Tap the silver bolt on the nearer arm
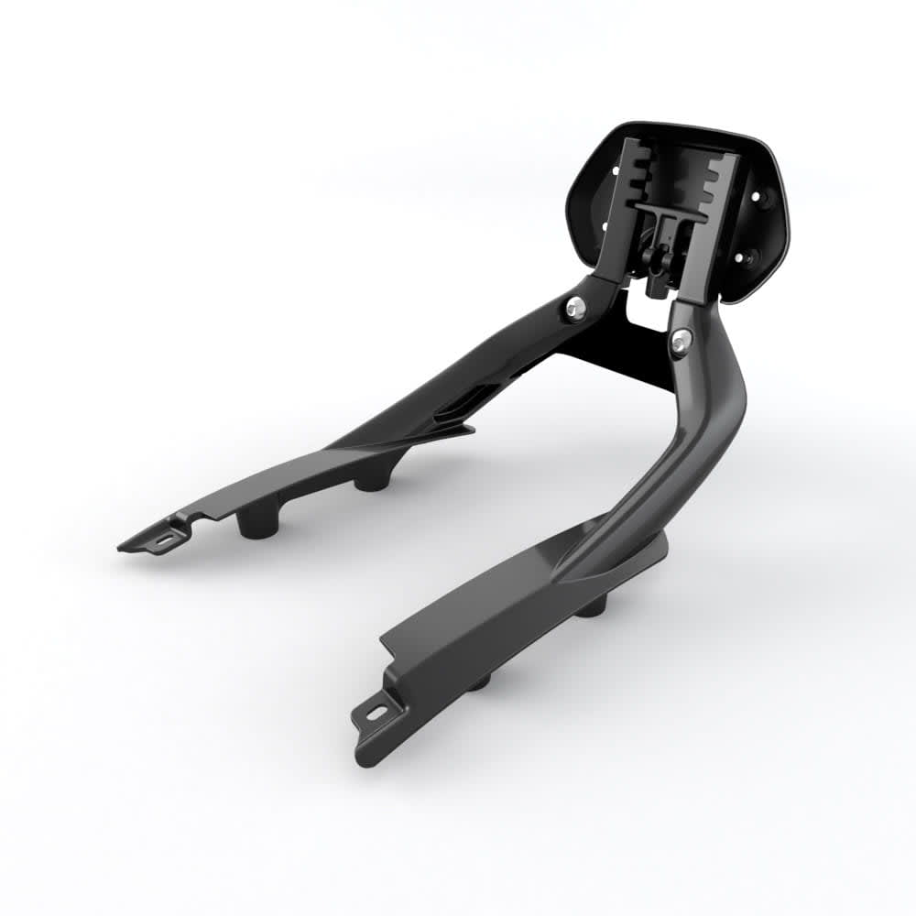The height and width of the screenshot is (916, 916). coord(681,342)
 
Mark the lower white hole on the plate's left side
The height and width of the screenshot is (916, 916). coord(603,225)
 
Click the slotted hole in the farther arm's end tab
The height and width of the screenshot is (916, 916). coord(165,540)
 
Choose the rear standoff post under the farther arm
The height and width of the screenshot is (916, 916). coord(371,477)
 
